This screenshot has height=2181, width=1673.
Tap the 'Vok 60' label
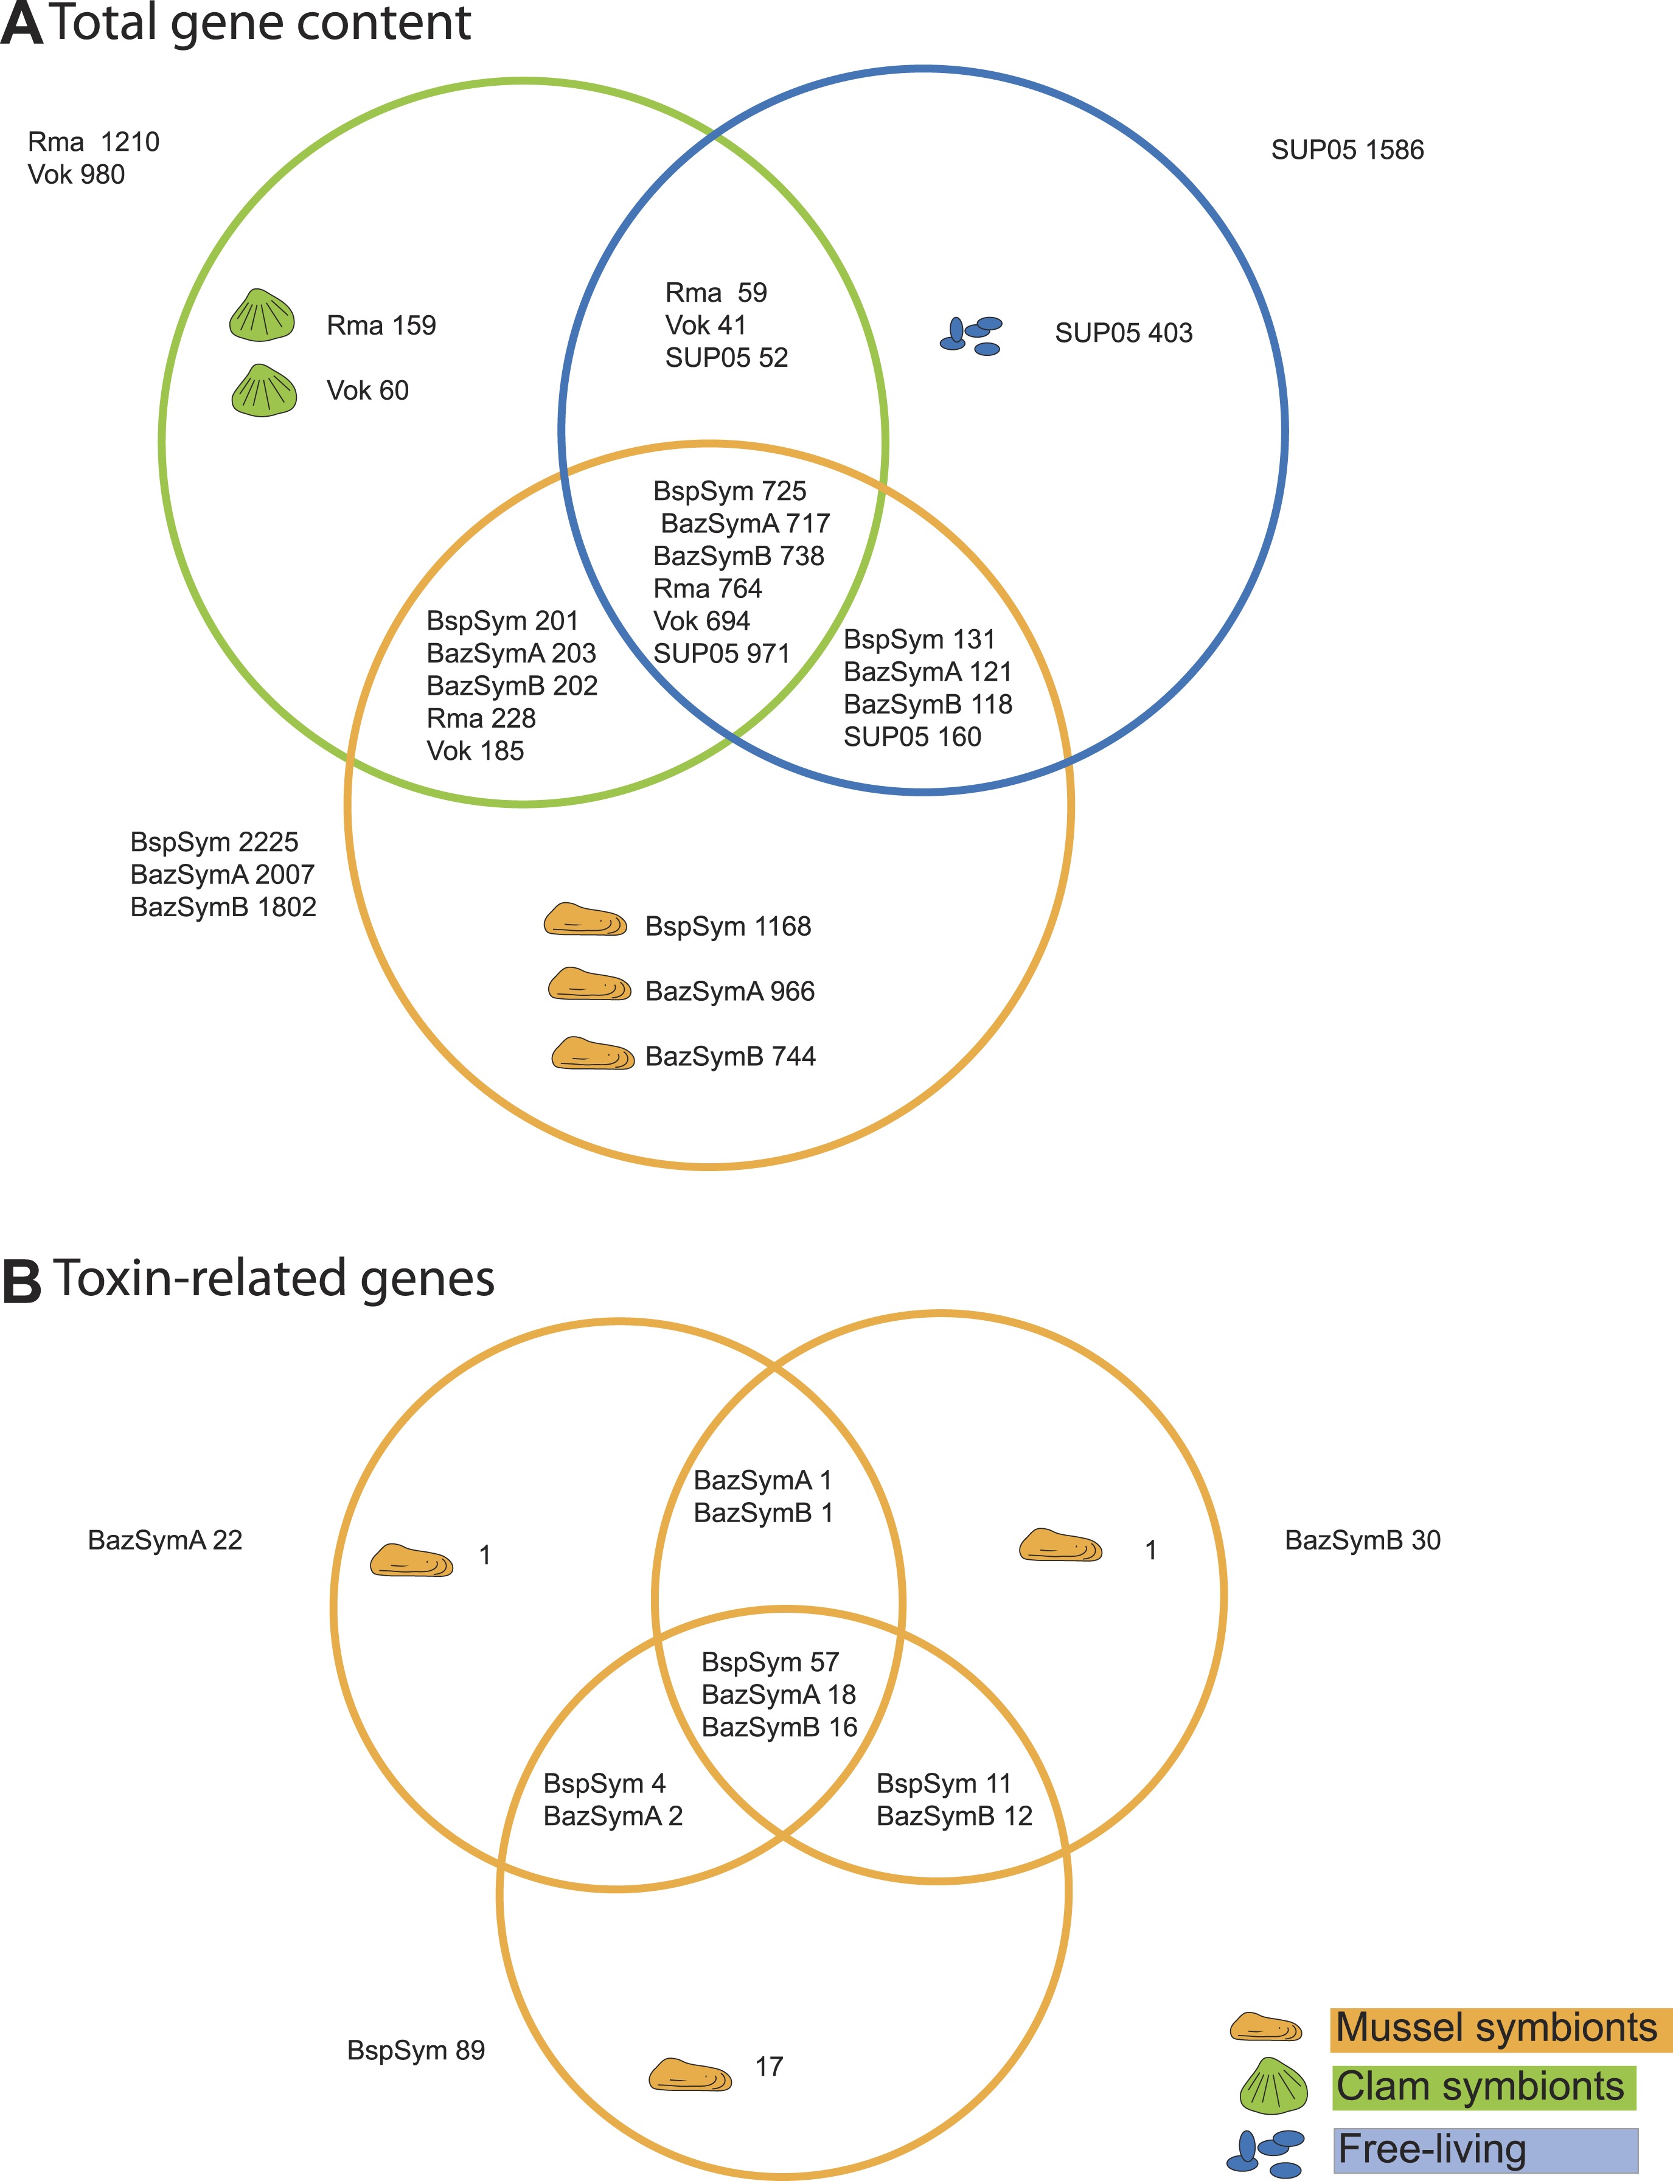pos(367,391)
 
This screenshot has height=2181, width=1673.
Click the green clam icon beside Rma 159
pos(262,316)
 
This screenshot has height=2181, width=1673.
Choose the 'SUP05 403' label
pos(1123,333)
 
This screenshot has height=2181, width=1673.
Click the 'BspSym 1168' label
pos(728,926)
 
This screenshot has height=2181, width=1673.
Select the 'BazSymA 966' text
pos(730,991)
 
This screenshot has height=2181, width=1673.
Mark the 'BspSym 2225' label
pos(214,843)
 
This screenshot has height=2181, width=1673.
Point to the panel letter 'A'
pos(22,24)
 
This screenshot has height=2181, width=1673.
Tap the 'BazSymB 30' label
pos(1362,1540)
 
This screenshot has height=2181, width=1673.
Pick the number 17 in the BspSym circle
pos(769,2067)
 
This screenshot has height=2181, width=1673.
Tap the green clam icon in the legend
pos(1273,2086)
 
